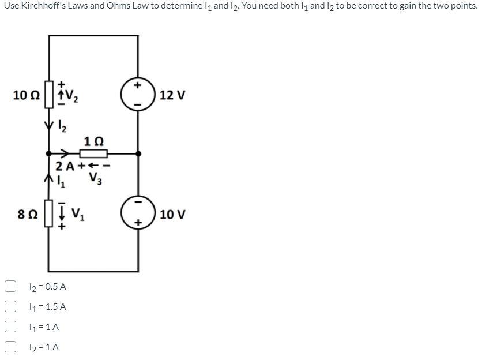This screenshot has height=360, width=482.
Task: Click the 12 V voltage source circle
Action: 138,94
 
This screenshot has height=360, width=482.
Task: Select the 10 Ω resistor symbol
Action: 49,94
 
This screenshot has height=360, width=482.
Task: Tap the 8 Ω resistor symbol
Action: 49,214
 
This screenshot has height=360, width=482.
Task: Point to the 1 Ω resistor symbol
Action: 93,153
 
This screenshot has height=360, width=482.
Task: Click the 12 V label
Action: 172,95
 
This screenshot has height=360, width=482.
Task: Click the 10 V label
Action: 172,215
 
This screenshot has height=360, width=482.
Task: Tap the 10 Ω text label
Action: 26,95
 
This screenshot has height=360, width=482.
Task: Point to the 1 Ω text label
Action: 93,141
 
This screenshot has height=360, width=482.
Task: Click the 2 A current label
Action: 65,167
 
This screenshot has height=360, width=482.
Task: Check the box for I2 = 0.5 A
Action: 10,286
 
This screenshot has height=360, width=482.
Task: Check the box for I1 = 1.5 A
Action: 10,306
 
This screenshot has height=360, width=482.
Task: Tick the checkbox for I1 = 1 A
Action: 10,327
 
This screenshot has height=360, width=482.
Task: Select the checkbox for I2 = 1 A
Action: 10,347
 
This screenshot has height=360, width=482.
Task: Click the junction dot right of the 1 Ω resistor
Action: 138,153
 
